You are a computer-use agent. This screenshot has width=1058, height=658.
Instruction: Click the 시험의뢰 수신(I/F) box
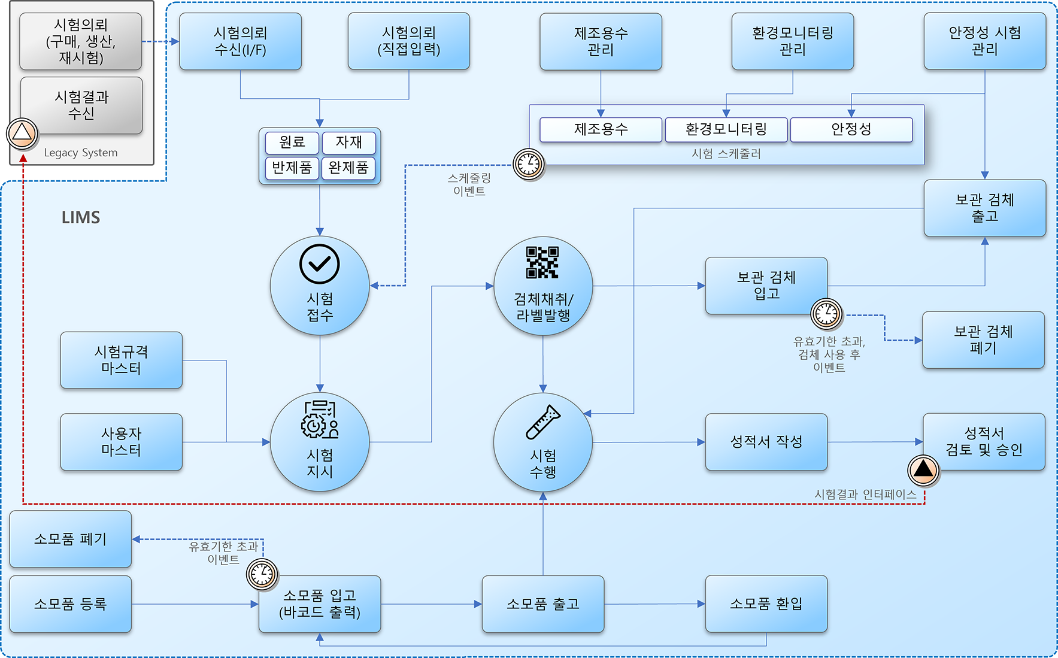(240, 41)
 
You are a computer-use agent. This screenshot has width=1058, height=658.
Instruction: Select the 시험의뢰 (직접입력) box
(409, 41)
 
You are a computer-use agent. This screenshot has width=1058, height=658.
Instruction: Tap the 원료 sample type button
(292, 142)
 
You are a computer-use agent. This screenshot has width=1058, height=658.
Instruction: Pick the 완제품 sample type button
(348, 168)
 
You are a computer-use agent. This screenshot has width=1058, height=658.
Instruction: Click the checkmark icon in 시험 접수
(320, 263)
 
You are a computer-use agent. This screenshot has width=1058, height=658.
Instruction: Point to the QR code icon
(542, 262)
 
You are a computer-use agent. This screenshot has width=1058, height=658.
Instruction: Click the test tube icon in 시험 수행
(543, 422)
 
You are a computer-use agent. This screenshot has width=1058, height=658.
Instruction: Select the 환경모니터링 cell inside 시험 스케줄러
(726, 129)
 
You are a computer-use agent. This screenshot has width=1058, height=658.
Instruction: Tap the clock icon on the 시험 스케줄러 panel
(529, 164)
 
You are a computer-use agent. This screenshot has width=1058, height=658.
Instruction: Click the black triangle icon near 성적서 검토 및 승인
(923, 470)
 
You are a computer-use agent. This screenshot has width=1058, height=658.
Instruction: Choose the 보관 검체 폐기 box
(983, 339)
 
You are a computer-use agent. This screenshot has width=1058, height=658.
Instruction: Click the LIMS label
(81, 217)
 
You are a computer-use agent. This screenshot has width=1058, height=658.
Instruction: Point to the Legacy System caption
(81, 153)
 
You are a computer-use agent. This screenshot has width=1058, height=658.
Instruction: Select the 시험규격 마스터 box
(122, 360)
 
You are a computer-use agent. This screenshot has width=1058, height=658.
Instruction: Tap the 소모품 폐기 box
(71, 539)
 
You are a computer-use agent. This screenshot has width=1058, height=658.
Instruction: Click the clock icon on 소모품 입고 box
(262, 574)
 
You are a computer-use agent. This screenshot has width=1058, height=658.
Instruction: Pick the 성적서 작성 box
(766, 442)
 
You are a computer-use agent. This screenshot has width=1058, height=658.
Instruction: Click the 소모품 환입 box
(766, 604)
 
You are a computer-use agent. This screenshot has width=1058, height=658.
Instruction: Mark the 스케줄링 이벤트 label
(469, 184)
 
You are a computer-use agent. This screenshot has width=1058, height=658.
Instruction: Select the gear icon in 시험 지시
(313, 426)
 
